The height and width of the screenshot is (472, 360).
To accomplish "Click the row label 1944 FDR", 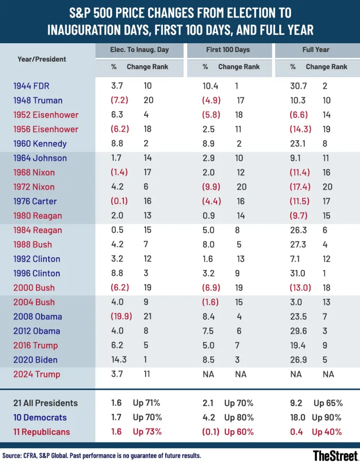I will [31, 86].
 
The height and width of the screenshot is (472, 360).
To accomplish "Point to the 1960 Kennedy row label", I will [40, 144].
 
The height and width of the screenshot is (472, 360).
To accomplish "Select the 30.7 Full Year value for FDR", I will [299, 86].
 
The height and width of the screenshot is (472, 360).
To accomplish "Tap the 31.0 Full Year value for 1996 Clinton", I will [299, 273].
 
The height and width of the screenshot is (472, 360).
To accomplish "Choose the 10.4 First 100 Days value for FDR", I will [210, 86].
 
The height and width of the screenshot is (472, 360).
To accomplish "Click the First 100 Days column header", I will [228, 50].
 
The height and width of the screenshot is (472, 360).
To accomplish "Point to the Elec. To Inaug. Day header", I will [139, 50].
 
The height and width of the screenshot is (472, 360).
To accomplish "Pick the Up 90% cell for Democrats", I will [328, 417].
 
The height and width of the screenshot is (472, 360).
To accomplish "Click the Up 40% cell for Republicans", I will [328, 432].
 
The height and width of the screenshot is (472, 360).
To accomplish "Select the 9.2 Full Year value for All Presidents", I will [296, 403].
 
